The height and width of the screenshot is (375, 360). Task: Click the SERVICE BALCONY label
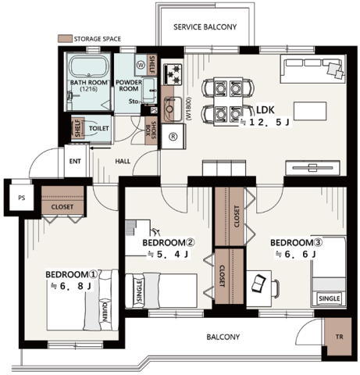[205, 27]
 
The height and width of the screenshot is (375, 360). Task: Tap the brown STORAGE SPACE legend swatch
[65, 39]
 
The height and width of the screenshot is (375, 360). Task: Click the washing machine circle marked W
[141, 65]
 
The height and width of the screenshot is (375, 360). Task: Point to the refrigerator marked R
[173, 137]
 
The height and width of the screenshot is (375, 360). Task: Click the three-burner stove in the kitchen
[173, 75]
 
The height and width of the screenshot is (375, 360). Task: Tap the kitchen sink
[173, 109]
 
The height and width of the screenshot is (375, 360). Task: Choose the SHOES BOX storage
[151, 130]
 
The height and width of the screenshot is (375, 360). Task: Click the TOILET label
[99, 128]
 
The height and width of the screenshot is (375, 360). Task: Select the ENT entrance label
[75, 162]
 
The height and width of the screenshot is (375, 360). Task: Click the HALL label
[123, 162]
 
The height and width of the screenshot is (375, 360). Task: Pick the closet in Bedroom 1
[62, 201]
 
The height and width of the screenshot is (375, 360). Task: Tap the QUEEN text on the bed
[105, 312]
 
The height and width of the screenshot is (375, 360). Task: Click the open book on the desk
[258, 284]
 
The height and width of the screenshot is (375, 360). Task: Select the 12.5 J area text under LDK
[266, 122]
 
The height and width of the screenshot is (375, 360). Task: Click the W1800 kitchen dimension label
[189, 109]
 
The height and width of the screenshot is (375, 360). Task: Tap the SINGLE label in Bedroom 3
[330, 298]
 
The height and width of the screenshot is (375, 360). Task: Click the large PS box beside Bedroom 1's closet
[22, 198]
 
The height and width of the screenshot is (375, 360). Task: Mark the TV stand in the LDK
[312, 168]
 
